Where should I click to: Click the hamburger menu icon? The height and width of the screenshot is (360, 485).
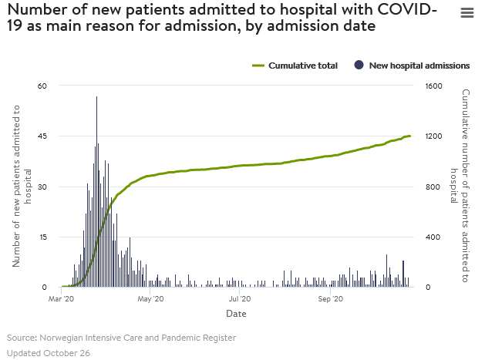pyautogui.click(x=466, y=13)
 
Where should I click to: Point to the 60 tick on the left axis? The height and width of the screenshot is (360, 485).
pyautogui.click(x=42, y=86)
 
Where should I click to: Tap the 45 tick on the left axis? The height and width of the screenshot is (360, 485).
pyautogui.click(x=42, y=136)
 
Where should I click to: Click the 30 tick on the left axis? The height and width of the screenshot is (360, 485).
pyautogui.click(x=42, y=187)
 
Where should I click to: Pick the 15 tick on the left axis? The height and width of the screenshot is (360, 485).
pyautogui.click(x=42, y=237)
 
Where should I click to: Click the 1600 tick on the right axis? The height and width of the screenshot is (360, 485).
pyautogui.click(x=433, y=86)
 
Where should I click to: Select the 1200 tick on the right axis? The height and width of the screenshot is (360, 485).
pyautogui.click(x=433, y=136)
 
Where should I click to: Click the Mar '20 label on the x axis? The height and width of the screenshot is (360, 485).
pyautogui.click(x=62, y=298)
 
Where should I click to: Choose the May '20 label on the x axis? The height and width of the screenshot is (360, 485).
pyautogui.click(x=150, y=298)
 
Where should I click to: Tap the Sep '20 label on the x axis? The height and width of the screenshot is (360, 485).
pyautogui.click(x=330, y=298)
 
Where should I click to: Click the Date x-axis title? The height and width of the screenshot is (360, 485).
pyautogui.click(x=236, y=314)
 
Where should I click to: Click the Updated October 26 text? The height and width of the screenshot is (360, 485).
pyautogui.click(x=49, y=352)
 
